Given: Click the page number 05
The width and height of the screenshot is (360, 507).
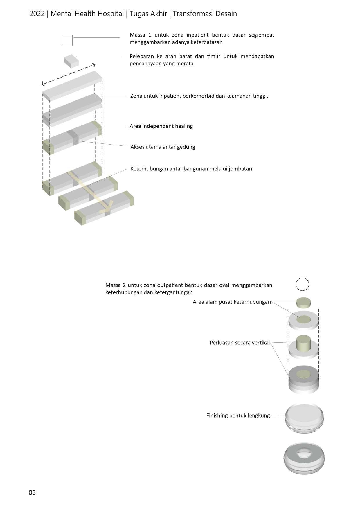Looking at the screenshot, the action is click(x=32, y=492).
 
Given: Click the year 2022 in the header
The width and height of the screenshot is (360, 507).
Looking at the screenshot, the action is click(x=37, y=14).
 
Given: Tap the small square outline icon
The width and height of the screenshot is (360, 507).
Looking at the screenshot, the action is click(x=67, y=40).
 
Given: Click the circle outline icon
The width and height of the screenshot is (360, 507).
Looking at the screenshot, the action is click(x=302, y=284).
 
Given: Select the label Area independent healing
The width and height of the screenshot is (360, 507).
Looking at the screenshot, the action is click(x=161, y=126).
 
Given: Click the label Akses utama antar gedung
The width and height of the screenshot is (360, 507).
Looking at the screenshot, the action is click(x=163, y=147).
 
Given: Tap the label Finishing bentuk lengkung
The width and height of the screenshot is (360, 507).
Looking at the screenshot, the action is click(x=238, y=416).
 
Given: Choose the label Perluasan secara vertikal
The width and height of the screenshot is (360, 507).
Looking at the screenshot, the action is click(x=240, y=343).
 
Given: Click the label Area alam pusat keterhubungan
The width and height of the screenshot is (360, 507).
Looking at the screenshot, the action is click(x=232, y=302).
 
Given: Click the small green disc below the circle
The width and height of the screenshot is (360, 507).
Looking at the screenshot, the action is click(x=303, y=303).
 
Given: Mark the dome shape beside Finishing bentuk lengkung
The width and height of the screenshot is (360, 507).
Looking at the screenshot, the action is click(x=304, y=418).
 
